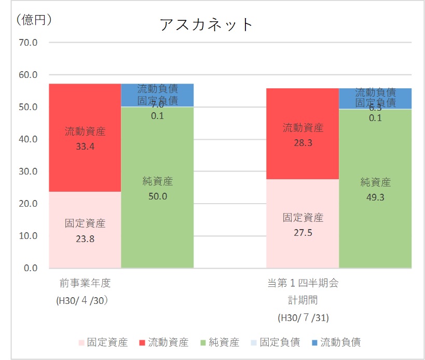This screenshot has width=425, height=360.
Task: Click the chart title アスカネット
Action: [206, 24]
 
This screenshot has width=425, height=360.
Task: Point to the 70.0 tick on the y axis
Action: [28, 43]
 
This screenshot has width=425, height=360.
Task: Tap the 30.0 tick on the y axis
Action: [28, 171]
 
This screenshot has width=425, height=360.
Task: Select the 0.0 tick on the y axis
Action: [30, 268]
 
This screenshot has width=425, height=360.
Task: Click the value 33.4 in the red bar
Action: [85, 146]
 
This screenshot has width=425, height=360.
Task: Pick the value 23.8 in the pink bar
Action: [85, 239]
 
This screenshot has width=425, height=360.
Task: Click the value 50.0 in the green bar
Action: [157, 196]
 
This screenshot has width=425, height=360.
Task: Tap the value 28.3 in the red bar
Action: [303, 142]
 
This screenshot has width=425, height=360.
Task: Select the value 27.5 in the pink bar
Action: [303, 232]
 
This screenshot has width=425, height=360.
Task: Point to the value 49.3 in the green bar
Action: [375, 197]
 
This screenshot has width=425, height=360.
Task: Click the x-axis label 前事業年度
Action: [85, 284]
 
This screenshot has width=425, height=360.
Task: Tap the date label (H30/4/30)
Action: [85, 301]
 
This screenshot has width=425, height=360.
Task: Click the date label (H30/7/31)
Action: [303, 317]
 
